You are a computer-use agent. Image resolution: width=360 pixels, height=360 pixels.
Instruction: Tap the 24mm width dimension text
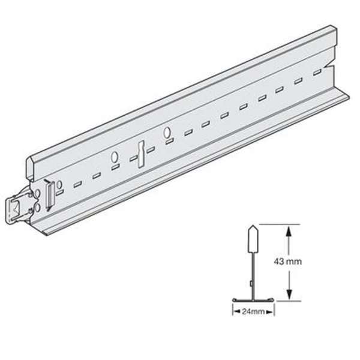click(x=253, y=311)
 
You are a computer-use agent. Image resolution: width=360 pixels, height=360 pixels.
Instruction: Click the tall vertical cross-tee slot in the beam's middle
click(x=139, y=153)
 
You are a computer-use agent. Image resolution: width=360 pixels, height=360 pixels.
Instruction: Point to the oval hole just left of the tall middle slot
click(x=113, y=158)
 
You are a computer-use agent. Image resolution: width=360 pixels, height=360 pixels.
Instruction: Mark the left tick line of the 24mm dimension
click(x=232, y=309)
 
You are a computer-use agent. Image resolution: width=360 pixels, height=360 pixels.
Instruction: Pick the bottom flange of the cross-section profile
click(x=253, y=299)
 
